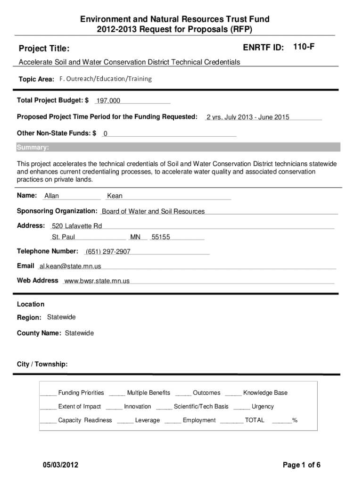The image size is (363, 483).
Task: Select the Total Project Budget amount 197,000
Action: [x=108, y=101]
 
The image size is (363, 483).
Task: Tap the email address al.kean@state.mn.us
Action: [x=70, y=266]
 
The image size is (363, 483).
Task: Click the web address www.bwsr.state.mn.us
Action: [x=97, y=281]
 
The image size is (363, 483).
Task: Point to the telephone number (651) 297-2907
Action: [x=108, y=252]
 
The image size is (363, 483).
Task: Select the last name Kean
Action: [x=115, y=196]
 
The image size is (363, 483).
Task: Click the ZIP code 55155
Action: [x=160, y=237]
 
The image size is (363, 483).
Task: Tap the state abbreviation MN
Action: [x=135, y=237]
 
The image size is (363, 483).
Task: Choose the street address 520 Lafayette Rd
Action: [x=77, y=226]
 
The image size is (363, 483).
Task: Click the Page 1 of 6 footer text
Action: [x=302, y=465]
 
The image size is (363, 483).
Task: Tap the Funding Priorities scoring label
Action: [x=81, y=393]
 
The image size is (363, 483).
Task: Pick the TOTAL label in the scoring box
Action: [x=255, y=420]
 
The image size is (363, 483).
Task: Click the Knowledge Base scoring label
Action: [x=265, y=393]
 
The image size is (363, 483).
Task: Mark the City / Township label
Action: [x=42, y=365]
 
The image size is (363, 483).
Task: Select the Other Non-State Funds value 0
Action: [x=105, y=134]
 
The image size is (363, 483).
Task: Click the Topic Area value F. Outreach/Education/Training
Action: [x=106, y=79]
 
